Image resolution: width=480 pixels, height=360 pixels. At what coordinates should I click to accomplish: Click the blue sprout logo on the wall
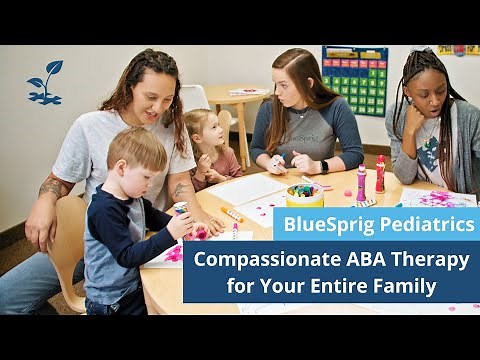[45, 83]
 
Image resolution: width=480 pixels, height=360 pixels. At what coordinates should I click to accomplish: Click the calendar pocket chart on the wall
[354, 81]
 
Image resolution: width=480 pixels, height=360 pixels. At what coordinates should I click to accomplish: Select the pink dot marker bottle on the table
[361, 182]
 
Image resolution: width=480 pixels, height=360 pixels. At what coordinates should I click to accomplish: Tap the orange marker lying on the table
[232, 215]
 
